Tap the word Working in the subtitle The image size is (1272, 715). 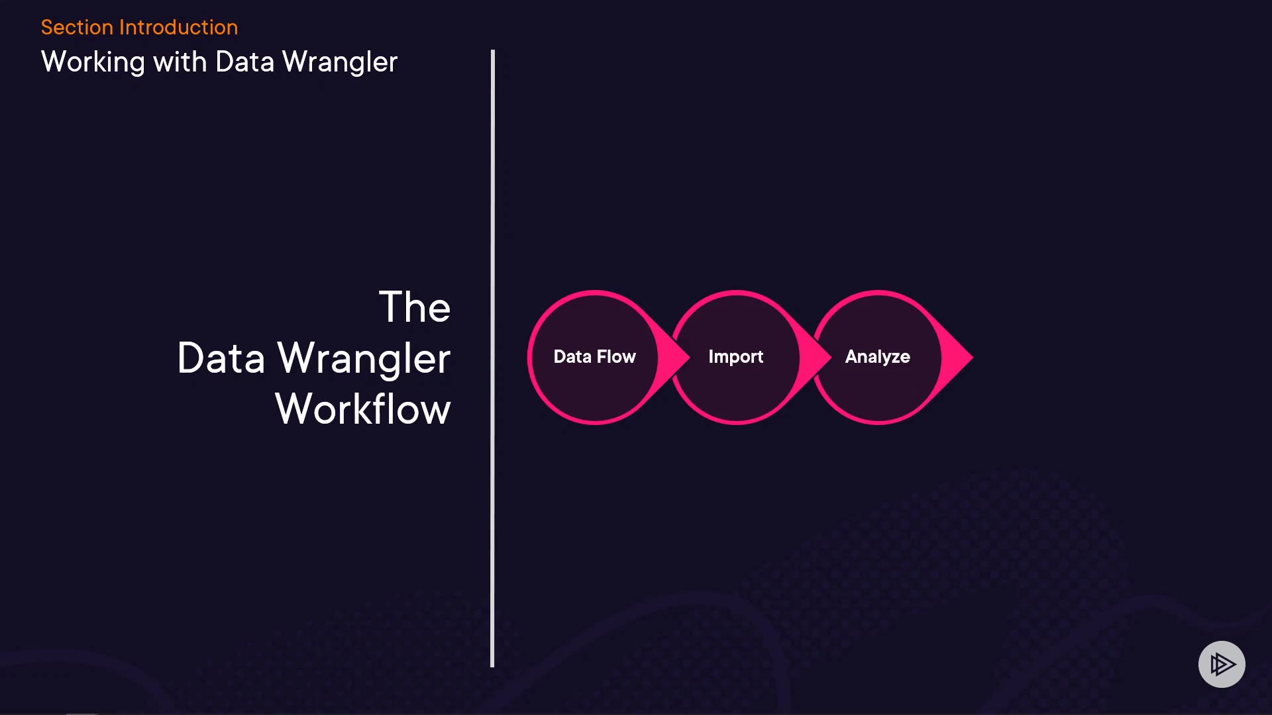pos(93,62)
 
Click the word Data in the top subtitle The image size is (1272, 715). pos(244,62)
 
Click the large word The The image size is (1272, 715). pos(414,307)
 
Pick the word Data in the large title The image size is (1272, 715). pos(221,358)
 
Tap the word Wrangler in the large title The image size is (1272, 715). pos(364,359)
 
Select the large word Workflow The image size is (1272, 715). pos(362,409)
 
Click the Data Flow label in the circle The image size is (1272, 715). pos(594,357)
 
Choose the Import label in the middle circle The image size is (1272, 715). pos(735,357)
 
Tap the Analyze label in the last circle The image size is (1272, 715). pos(877,357)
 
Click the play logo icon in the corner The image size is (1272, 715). pos(1222,664)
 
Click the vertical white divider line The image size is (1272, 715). pos(492,358)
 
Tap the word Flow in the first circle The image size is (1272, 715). pos(616,357)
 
